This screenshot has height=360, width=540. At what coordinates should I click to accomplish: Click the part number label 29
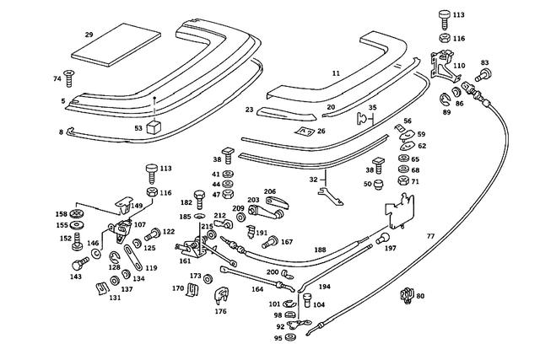pyautogui.click(x=89, y=35)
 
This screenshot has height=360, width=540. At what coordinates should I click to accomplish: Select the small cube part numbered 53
pyautogui.click(x=154, y=127)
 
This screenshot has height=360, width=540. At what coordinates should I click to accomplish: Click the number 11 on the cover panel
pyautogui.click(x=336, y=74)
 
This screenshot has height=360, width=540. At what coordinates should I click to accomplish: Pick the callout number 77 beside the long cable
pyautogui.click(x=430, y=237)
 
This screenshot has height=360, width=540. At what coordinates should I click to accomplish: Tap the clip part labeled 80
pyautogui.click(x=406, y=296)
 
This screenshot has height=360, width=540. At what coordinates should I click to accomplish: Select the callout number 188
pyautogui.click(x=320, y=250)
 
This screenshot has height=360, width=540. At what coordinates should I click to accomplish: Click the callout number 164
pyautogui.click(x=257, y=290)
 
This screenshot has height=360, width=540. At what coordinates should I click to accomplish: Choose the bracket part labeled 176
pyautogui.click(x=221, y=295)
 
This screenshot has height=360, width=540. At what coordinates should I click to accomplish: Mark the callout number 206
pyautogui.click(x=270, y=191)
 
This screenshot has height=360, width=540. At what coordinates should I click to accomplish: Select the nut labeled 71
pyautogui.click(x=402, y=181)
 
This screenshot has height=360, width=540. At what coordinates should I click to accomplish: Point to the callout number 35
pyautogui.click(x=373, y=108)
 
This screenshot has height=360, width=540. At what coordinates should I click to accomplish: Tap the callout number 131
pyautogui.click(x=115, y=298)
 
